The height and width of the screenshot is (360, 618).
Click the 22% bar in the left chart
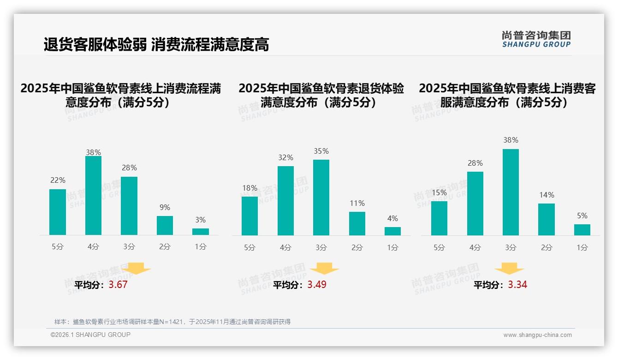coord(58,212)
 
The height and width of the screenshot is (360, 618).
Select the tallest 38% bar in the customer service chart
coord(511,192)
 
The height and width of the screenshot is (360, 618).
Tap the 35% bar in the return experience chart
coord(321,198)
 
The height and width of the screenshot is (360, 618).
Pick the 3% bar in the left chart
coord(201,232)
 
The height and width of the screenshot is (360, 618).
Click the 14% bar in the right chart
coord(547,219)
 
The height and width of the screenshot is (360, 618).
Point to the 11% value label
coord(357,203)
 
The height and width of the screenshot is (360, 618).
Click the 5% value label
coord(582,216)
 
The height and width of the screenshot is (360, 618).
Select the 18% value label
coord(250,188)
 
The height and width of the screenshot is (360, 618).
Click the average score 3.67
coord(118,285)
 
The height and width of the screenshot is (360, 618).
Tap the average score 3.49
coord(317,285)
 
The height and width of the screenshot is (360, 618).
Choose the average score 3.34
coord(517,285)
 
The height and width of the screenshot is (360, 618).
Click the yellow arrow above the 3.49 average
coord(324,269)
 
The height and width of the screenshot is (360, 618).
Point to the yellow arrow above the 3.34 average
coord(509,269)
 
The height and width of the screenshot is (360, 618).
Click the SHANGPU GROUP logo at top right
coord(536,39)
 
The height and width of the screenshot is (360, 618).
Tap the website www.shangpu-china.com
coord(537,335)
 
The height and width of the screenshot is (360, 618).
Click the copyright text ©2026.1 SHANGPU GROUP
coord(90,335)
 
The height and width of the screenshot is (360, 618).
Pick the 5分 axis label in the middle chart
coord(250,247)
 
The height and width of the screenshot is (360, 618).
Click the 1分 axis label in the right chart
coord(582,247)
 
